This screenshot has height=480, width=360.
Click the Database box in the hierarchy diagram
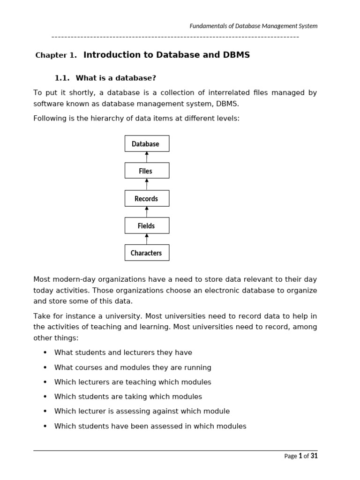point(147,143)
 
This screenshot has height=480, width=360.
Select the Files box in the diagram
point(147,171)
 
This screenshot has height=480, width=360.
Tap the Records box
point(147,198)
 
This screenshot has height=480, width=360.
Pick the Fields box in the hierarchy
point(147,225)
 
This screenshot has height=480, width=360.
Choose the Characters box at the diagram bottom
point(147,253)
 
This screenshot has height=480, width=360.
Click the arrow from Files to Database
point(147,157)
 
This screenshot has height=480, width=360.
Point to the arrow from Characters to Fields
point(147,239)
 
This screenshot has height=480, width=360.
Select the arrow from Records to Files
point(147,184)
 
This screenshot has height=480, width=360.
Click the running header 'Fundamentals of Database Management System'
point(253,26)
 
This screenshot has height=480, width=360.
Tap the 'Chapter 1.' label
point(56,55)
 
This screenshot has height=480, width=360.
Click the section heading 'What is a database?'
point(116,78)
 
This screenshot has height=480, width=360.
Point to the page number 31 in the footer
point(314,456)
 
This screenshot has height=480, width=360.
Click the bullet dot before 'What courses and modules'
point(45,367)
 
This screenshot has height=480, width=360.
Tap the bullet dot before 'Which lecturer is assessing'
point(45,411)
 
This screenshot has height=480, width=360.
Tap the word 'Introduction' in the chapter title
point(112,55)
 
